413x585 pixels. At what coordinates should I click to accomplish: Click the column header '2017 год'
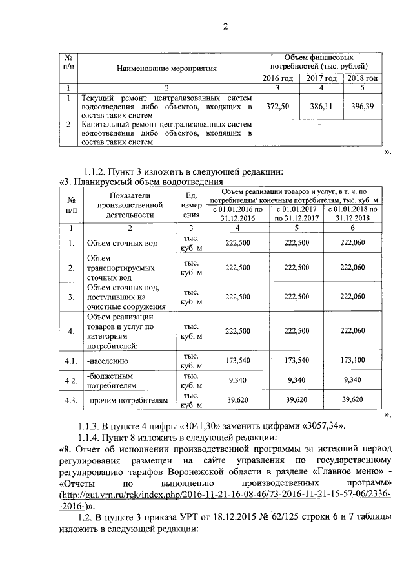321,78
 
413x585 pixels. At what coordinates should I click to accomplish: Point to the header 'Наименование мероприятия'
166,67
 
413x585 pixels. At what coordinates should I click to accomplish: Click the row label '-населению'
108,361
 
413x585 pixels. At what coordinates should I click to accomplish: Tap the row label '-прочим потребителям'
127,401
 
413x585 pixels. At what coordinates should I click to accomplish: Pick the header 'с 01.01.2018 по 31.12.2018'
352,214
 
